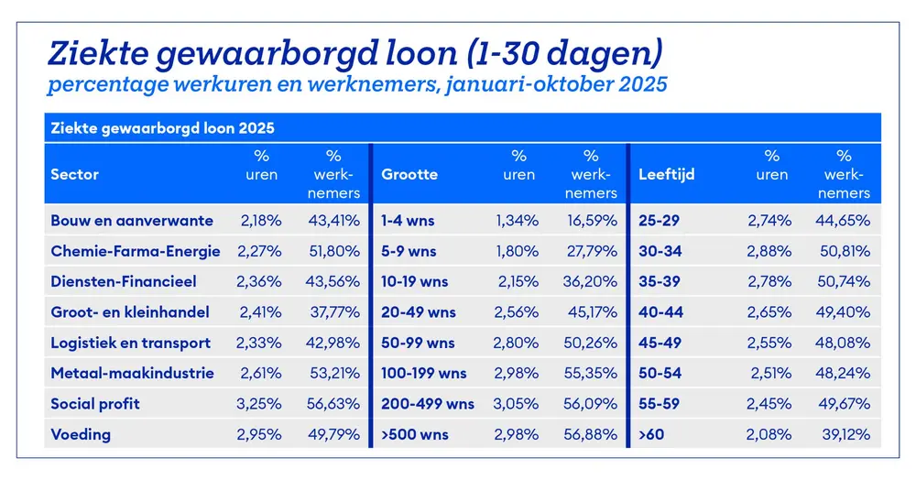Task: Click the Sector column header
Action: [75, 174]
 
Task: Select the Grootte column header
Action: [409, 174]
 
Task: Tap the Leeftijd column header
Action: [666, 174]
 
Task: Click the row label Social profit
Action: [95, 404]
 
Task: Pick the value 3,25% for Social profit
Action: [259, 404]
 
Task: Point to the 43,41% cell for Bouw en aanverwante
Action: [333, 221]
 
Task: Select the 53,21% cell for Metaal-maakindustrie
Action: [333, 374]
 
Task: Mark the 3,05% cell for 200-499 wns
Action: [518, 404]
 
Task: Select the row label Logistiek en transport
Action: [131, 343]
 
